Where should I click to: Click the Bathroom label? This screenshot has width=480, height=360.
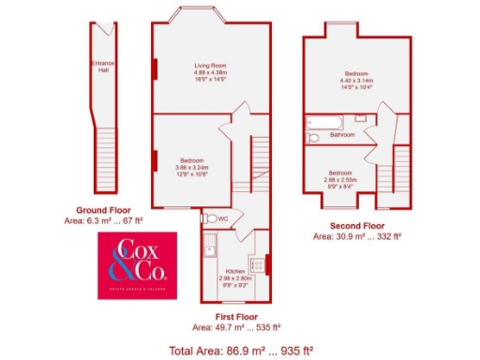[x=342, y=135]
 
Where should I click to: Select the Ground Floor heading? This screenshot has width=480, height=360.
[x=104, y=211]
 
